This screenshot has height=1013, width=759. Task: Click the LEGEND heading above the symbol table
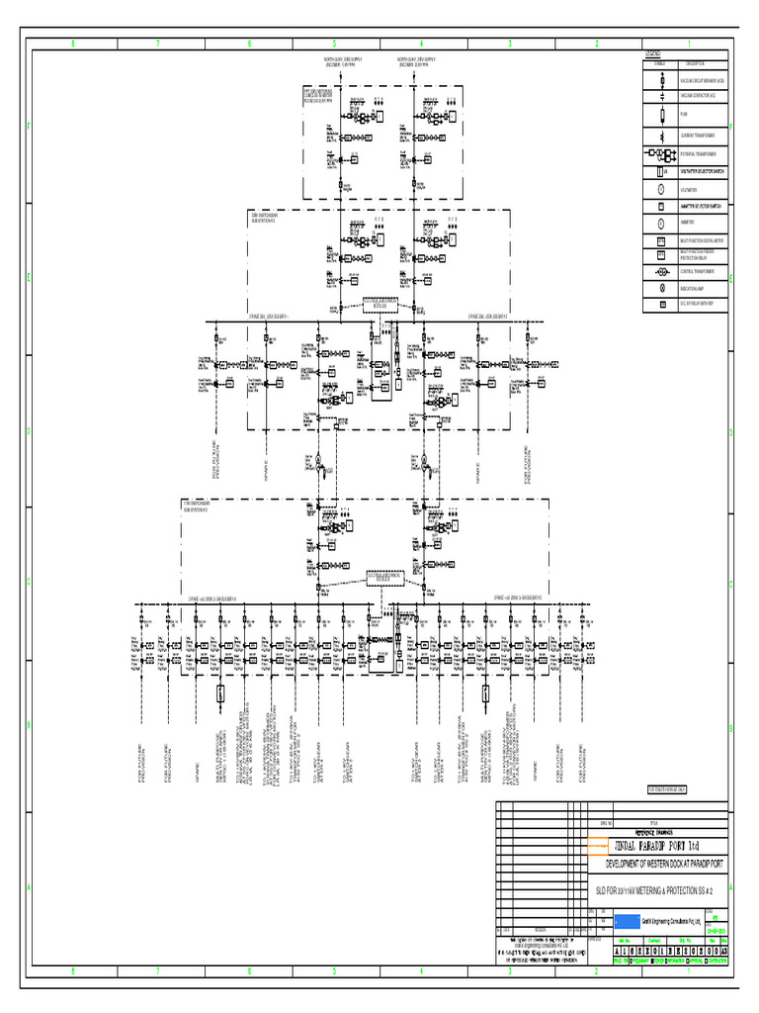click(x=652, y=51)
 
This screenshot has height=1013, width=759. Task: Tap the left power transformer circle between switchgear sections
click(x=319, y=461)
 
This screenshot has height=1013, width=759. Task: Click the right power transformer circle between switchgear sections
click(x=419, y=461)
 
